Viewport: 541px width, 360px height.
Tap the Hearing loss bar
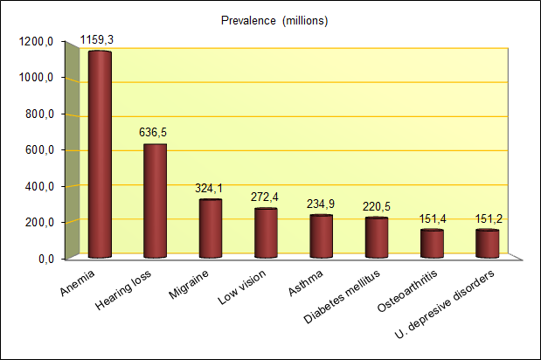pyautogui.click(x=155, y=201)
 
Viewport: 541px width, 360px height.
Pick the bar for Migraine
pyautogui.click(x=211, y=228)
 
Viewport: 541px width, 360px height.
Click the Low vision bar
pyautogui.click(x=266, y=233)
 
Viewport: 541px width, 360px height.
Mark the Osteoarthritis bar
pyautogui.click(x=432, y=244)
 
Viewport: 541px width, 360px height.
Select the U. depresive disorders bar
pyautogui.click(x=487, y=244)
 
